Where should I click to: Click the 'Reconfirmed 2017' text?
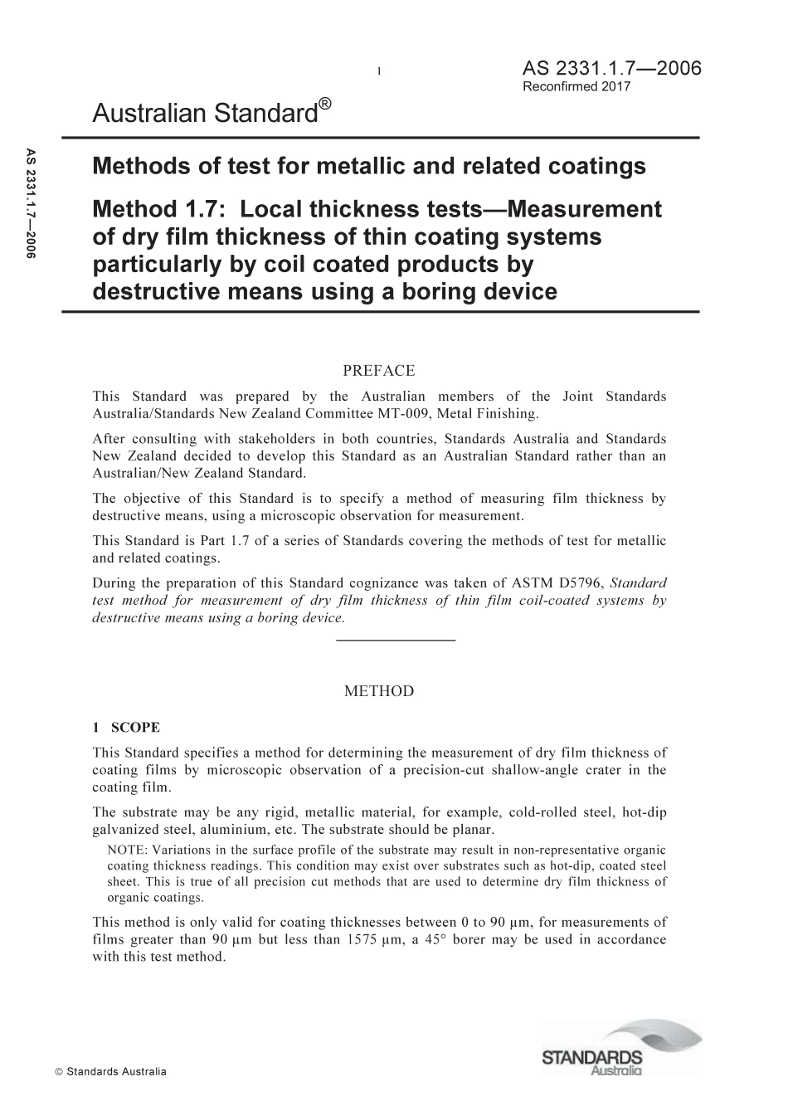576,86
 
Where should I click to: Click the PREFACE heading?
378,371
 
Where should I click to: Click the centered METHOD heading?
378,691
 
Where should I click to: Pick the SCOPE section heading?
135,728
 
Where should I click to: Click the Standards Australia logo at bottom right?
621,1047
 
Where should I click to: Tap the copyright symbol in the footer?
58,1071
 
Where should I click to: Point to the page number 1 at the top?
378,71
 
